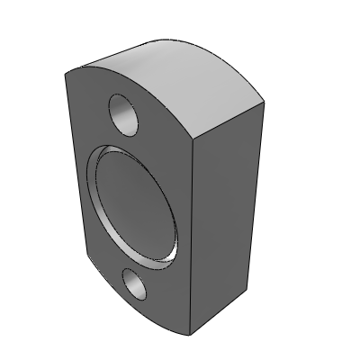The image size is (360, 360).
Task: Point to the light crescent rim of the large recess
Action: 99,207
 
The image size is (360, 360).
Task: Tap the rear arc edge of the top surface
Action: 216,54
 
